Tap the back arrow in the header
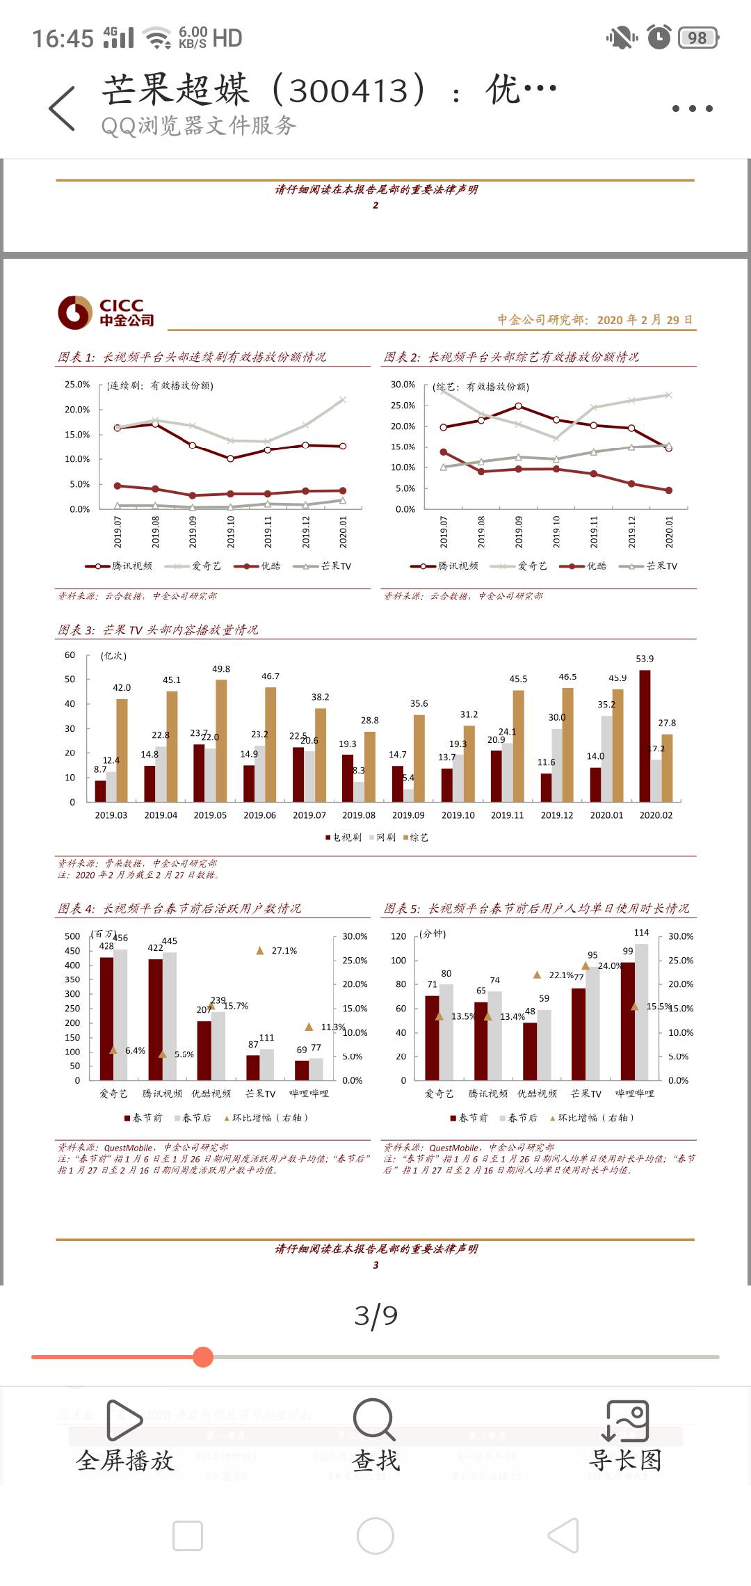[x=62, y=109]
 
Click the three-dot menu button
[x=692, y=109]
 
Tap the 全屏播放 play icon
[x=124, y=1420]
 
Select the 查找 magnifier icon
[x=374, y=1420]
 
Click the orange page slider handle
[x=203, y=1357]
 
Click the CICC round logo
[x=75, y=312]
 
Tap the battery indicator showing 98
[x=697, y=38]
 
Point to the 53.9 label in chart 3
[x=645, y=659]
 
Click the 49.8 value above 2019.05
[x=221, y=669]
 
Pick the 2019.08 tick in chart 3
[x=359, y=815]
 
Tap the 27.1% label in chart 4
[x=284, y=951]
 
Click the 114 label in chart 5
[x=641, y=933]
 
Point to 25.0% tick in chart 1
[x=77, y=385]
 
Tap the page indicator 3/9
[x=375, y=1315]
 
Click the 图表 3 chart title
[x=158, y=630]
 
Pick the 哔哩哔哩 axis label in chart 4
[x=309, y=1094]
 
